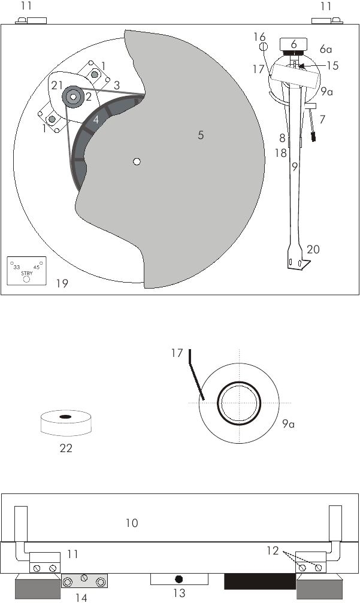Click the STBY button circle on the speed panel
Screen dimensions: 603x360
point(26,279)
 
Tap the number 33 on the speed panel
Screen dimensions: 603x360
point(17,268)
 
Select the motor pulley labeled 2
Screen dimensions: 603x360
point(74,96)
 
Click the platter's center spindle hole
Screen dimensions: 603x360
point(137,160)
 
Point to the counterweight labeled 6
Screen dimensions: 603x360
point(294,44)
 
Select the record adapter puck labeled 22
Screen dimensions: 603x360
point(65,422)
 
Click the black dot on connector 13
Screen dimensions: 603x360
point(179,578)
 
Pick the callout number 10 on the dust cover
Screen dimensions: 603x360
point(131,523)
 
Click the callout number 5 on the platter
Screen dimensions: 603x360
point(201,136)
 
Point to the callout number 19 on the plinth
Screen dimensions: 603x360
point(61,283)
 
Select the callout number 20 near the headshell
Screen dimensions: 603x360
point(313,250)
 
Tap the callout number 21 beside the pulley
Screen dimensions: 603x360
point(57,86)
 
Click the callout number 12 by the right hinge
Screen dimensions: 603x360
point(273,550)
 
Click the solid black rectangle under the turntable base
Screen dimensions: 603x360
point(260,581)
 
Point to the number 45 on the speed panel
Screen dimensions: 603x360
point(37,268)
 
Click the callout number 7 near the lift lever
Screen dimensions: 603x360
point(322,119)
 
